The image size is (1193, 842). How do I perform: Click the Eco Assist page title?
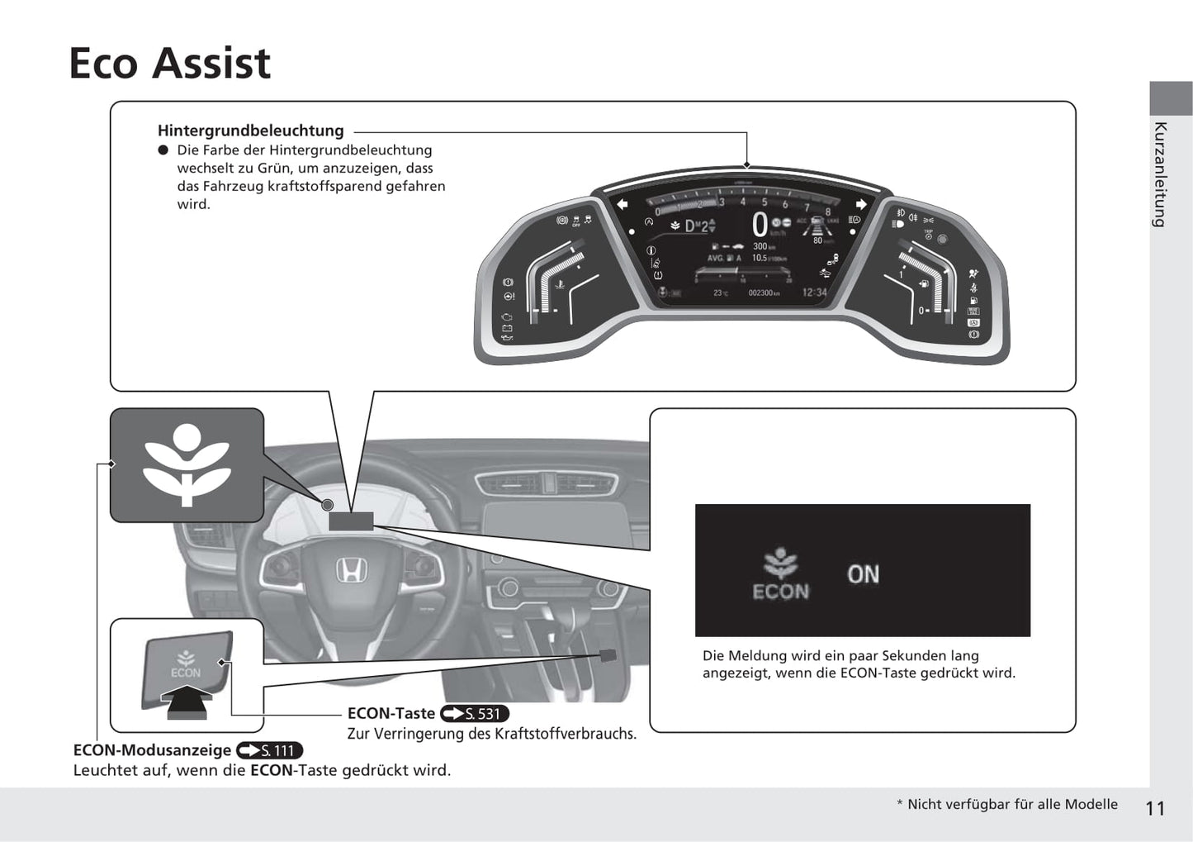tap(169, 64)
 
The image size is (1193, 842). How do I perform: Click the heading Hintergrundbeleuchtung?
tap(250, 131)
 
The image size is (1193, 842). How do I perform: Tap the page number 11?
tap(1155, 808)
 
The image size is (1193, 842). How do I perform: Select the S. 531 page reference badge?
tap(475, 714)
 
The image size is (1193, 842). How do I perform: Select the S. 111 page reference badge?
tap(269, 750)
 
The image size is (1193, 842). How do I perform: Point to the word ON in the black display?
tap(863, 574)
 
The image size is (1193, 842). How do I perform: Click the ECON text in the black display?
tap(780, 592)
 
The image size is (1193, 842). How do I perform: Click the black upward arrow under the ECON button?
tap(185, 703)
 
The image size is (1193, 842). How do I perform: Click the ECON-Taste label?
tap(391, 713)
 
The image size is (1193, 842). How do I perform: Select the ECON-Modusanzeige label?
tap(152, 750)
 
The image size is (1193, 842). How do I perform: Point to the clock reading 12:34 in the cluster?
tap(814, 293)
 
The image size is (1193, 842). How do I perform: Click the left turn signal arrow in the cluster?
tap(622, 204)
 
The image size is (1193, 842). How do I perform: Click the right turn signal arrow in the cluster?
tap(861, 204)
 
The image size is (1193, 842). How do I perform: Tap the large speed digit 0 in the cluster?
tap(760, 225)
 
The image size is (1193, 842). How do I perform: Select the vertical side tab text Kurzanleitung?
tap(1160, 174)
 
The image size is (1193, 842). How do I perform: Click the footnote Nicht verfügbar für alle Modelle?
tap(1012, 804)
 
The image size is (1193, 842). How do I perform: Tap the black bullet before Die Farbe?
tap(163, 150)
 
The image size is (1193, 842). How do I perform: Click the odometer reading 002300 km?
tap(763, 293)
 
